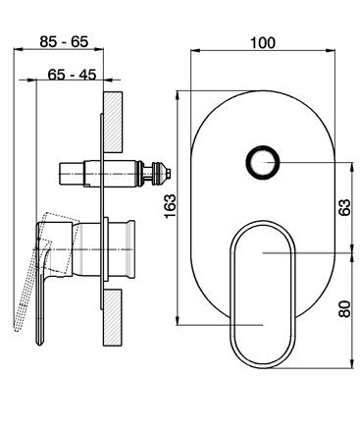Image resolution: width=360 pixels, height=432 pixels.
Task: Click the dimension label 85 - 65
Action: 64,42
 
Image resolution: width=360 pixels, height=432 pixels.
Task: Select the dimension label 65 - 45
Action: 72,75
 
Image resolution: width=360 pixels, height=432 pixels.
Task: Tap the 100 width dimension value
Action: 263,43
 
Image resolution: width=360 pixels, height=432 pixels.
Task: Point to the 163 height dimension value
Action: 170,206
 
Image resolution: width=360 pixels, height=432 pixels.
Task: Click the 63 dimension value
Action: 344,207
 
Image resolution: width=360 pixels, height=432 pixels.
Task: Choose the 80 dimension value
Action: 344,309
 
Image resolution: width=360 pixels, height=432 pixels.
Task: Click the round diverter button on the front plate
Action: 263,162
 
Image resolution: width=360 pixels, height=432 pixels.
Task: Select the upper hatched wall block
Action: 113,122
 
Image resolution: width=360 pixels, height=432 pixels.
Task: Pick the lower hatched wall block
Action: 113,317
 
